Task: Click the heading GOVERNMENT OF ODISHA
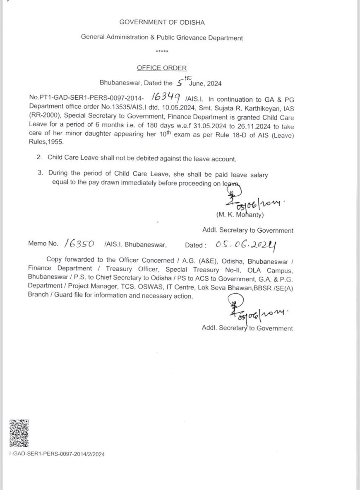162,22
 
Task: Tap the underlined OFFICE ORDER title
162,68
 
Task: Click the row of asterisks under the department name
162,51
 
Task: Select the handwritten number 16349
166,97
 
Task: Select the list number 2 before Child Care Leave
40,158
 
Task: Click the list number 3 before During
40,174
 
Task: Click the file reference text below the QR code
57,454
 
